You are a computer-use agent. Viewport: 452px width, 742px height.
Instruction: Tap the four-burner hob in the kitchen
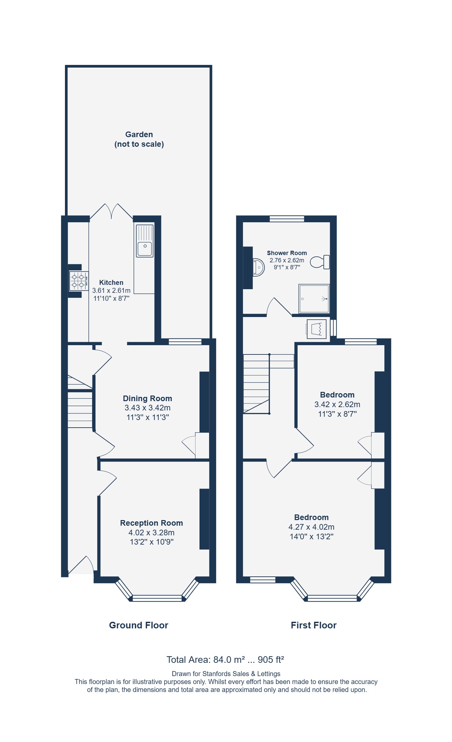coord(79,281)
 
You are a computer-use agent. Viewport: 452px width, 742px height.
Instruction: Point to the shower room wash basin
coord(258,267)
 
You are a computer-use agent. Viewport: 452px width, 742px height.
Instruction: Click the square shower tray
coord(314,299)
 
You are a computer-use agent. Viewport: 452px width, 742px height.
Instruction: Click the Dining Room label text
coord(147,398)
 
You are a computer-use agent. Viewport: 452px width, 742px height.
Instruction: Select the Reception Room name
coord(151,523)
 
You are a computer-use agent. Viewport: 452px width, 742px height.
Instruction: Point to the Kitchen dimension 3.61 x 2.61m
coord(111,291)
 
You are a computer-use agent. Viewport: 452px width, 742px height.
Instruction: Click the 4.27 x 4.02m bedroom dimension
coord(311,527)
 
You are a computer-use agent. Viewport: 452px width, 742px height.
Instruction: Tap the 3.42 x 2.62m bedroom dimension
coord(337,404)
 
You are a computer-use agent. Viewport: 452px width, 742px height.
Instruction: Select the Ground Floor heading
coord(139,625)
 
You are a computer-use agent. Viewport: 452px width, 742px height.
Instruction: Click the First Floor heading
coord(313,625)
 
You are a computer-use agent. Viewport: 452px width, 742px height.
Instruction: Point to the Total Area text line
coord(225,660)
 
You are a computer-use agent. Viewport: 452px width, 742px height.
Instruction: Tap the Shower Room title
coord(287,253)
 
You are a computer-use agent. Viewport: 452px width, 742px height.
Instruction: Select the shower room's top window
coord(287,219)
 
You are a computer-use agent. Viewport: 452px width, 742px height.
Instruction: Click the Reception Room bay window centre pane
coord(157,598)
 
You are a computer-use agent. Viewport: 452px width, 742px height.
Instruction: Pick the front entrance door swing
coord(82,565)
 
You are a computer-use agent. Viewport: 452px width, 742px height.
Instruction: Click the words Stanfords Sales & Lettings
coord(241,674)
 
